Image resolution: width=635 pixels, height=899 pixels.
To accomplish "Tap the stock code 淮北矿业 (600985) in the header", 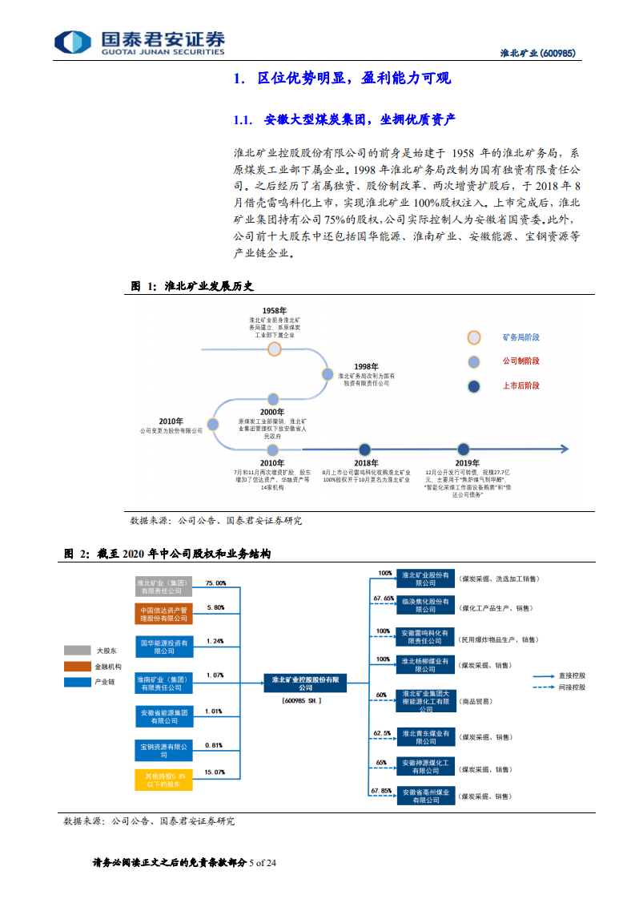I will pos(537,54).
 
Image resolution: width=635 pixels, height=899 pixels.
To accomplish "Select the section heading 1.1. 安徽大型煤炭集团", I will pos(344,119).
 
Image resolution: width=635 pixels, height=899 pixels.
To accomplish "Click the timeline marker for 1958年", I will pos(275,349).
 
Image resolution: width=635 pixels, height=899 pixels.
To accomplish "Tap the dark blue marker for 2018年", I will pos(365,449).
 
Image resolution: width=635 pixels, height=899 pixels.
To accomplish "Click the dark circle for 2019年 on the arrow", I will pos(463,449).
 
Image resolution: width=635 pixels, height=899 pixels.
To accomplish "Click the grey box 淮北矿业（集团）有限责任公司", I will pos(163,587).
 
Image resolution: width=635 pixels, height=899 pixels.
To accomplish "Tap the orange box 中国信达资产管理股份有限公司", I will pos(163,614).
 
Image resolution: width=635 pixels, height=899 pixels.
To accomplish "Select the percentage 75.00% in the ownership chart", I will pos(215,583).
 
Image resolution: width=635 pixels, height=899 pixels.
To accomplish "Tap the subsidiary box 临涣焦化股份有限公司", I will pos(425,605).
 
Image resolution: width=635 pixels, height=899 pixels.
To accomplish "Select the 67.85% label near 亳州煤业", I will pos(382,791).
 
